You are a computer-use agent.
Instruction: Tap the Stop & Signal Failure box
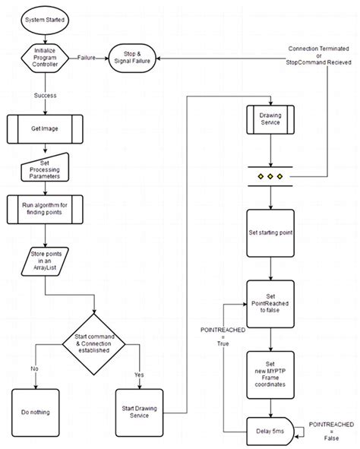pos(133,58)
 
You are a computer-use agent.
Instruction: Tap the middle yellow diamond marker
pos(271,177)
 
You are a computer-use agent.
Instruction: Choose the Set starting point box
pos(271,233)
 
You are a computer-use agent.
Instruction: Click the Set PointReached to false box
pos(271,302)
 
